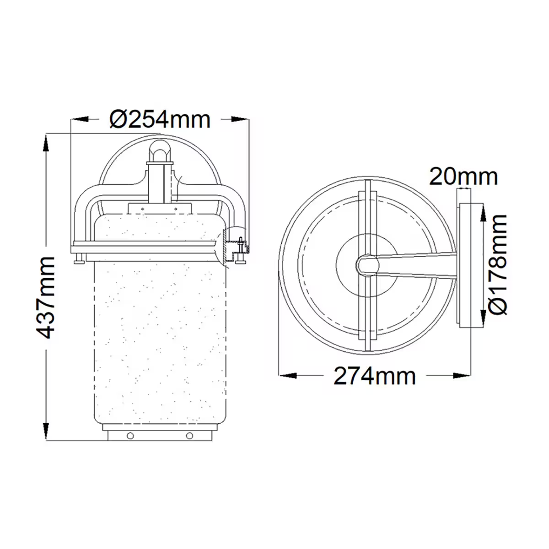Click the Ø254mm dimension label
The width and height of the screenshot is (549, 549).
[x=160, y=120]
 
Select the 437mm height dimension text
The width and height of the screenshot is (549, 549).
[x=46, y=297]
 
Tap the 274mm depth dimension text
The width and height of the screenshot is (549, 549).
[x=375, y=376]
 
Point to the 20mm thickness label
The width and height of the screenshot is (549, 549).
[x=463, y=177]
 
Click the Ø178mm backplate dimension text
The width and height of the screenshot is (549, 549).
[x=498, y=264]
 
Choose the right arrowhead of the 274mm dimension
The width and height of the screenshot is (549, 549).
[x=463, y=376]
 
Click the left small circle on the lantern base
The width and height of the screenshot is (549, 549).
[x=131, y=436]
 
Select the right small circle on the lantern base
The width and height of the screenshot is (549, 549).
[x=190, y=436]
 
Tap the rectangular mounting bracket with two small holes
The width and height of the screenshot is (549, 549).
[x=160, y=209]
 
